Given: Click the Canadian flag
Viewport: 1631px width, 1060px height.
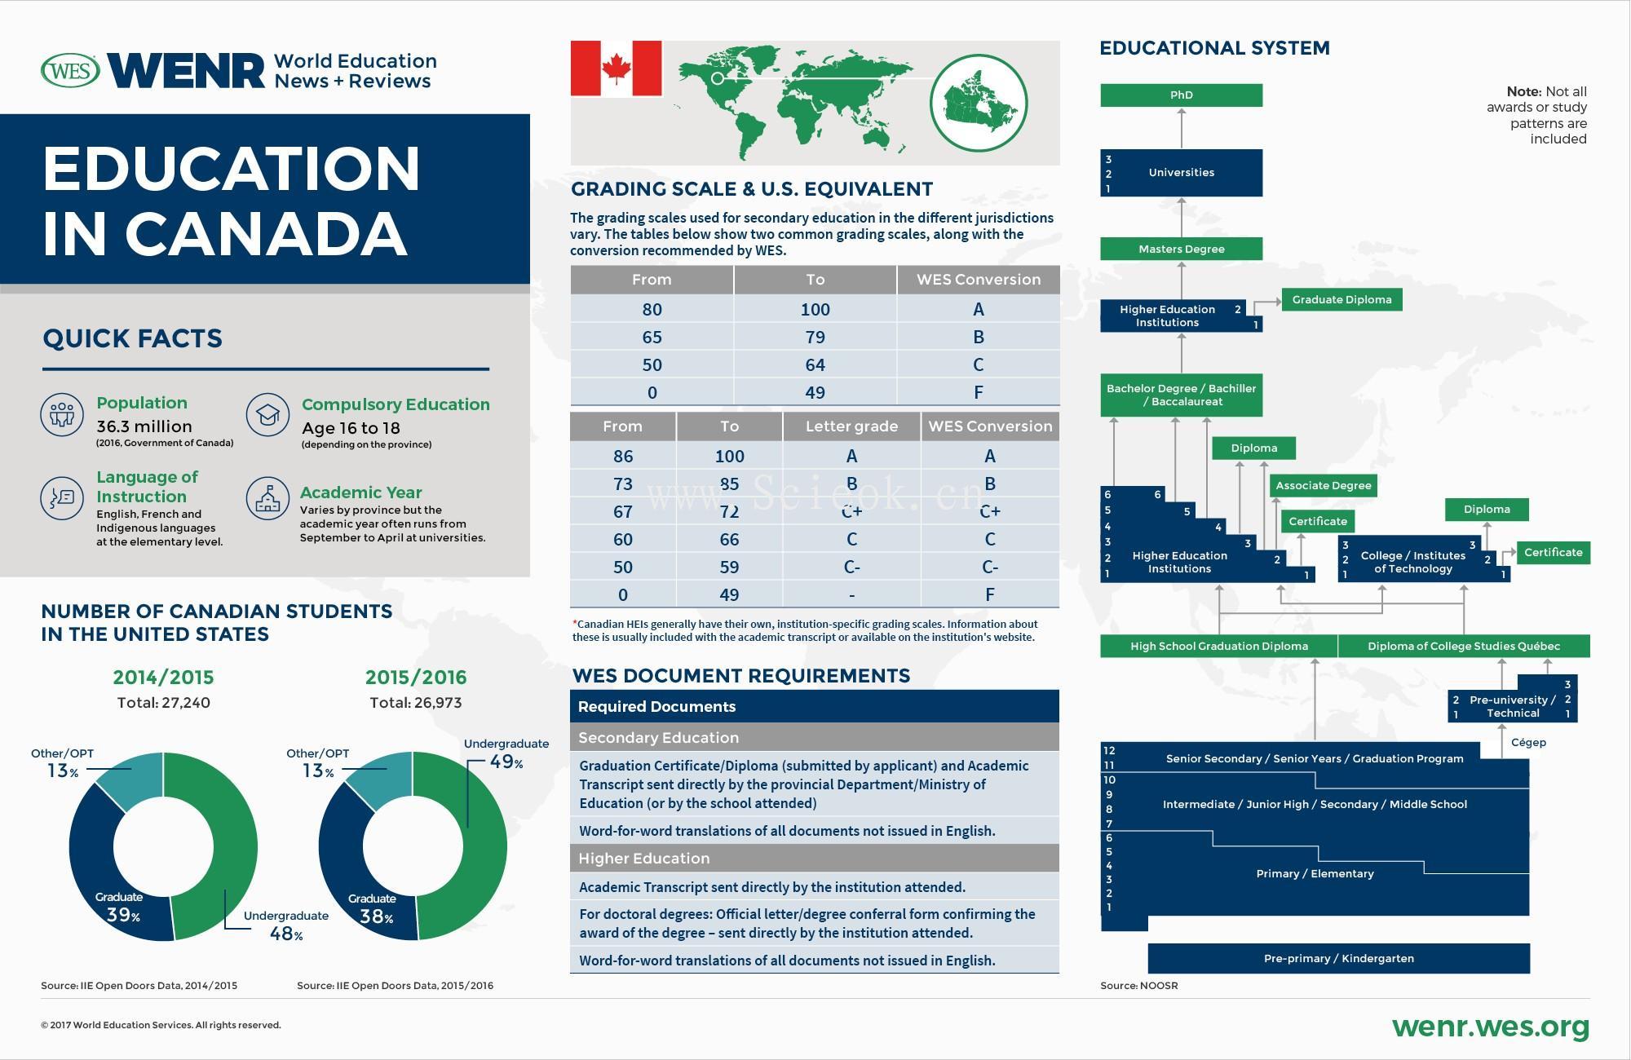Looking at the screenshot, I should [616, 68].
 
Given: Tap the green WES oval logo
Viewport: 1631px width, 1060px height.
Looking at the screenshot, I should [70, 71].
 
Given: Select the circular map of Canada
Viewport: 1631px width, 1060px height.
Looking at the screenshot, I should [979, 103].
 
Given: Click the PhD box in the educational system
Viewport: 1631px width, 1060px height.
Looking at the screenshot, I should [1181, 95].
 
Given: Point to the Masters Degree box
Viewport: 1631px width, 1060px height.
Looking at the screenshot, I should [1181, 250].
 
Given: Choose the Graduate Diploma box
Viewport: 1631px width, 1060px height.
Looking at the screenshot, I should [1341, 300].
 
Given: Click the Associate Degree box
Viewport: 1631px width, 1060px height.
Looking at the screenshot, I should [1323, 486].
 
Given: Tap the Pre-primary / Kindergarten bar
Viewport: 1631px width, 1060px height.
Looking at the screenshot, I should [1338, 959].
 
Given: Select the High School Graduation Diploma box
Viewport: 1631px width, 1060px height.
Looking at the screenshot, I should [1218, 647].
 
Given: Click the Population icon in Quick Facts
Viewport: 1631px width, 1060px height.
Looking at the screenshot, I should [62, 414].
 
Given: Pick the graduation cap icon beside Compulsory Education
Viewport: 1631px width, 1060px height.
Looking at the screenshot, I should [267, 415].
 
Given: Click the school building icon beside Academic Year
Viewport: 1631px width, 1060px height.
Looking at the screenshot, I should [267, 499].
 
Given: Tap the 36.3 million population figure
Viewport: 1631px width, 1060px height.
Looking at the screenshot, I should [144, 426].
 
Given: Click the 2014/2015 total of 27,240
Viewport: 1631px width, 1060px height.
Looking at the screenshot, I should [164, 703].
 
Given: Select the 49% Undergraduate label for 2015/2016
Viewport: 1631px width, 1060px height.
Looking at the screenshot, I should [506, 762].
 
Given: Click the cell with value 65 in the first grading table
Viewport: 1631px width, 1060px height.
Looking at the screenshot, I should [652, 338].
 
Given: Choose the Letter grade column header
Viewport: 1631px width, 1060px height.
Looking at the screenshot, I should [851, 426].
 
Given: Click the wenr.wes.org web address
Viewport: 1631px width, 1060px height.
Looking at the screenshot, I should [1491, 1027].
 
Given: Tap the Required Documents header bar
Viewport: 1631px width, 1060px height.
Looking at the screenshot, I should [814, 707].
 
